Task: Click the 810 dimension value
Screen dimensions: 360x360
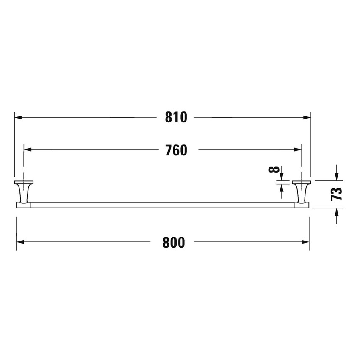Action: pyautogui.click(x=176, y=117)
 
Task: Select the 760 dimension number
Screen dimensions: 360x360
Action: pyautogui.click(x=176, y=150)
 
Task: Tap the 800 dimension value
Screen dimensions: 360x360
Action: pyautogui.click(x=174, y=242)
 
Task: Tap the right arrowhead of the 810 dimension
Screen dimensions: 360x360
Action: pyautogui.click(x=307, y=117)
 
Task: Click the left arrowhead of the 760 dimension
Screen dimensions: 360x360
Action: pyautogui.click(x=27, y=150)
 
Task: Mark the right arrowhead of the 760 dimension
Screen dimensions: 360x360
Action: pyautogui.click(x=298, y=150)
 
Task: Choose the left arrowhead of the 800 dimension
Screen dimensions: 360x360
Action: pyautogui.click(x=20, y=242)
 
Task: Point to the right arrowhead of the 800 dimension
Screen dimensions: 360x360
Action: pyautogui.click(x=306, y=242)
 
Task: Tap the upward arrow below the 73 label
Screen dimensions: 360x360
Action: pyautogui.click(x=336, y=213)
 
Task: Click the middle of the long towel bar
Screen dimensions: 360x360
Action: pyautogui.click(x=163, y=205)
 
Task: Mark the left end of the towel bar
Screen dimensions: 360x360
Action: pyautogui.click(x=18, y=205)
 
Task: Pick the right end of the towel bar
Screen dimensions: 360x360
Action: pyautogui.click(x=308, y=205)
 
